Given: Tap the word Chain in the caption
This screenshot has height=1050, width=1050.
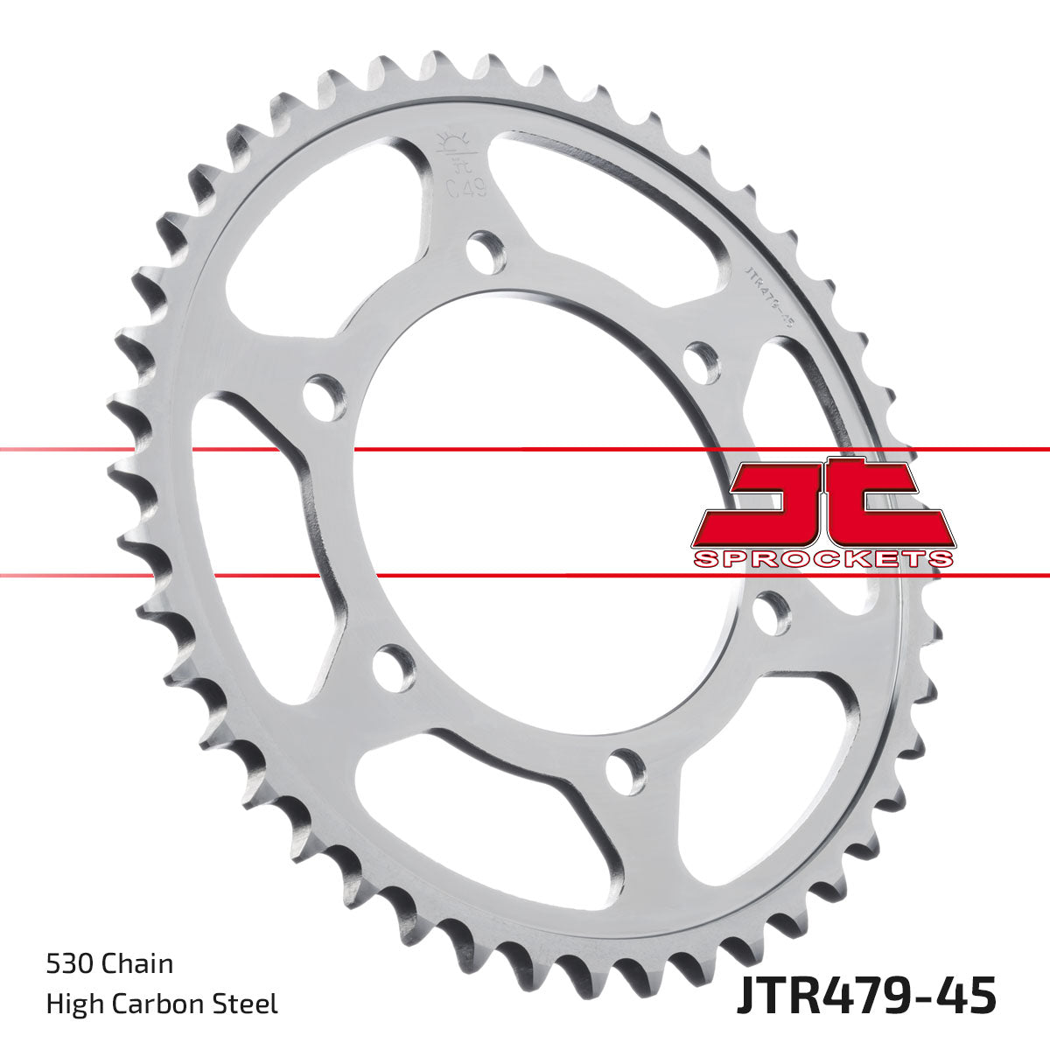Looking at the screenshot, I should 137,965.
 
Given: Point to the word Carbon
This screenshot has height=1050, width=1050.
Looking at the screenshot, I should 167,1004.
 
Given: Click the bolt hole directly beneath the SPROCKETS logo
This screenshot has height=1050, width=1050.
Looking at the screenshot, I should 770,612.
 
